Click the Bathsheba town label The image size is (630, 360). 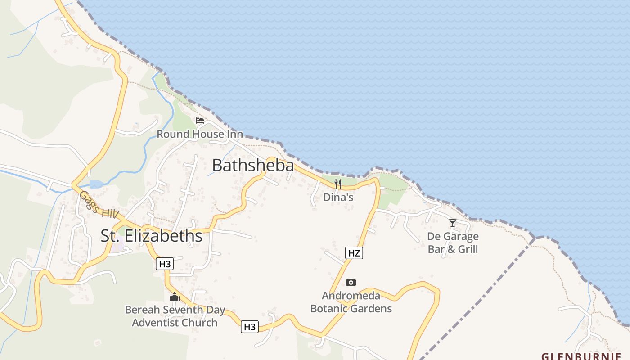click(x=253, y=165)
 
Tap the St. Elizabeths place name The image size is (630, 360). click(x=151, y=236)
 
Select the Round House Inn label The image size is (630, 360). click(x=200, y=134)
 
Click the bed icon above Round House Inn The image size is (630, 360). click(x=200, y=121)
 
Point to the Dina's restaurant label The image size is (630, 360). click(x=338, y=197)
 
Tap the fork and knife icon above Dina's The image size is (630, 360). click(x=338, y=184)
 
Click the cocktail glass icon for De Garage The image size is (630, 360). click(x=453, y=223)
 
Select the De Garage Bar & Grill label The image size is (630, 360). click(x=453, y=243)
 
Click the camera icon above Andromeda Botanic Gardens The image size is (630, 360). click(x=351, y=282)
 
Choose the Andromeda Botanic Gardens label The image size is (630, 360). click(x=351, y=302)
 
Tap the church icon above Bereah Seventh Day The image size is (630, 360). click(x=175, y=297)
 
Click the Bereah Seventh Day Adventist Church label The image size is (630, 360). click(x=175, y=316)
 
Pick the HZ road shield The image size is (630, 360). click(x=354, y=253)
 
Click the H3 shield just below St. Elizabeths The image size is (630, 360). click(x=165, y=264)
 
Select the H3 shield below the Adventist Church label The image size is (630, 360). click(x=250, y=327)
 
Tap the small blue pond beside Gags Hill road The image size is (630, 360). click(x=96, y=184)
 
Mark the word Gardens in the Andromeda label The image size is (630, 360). click(x=371, y=309)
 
